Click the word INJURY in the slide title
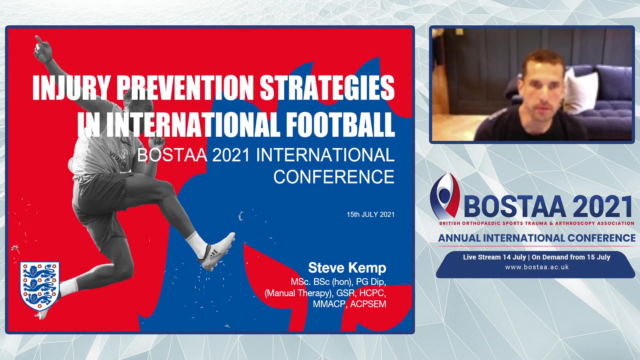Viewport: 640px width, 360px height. [x=71, y=87]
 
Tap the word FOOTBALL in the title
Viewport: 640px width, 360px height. [x=340, y=124]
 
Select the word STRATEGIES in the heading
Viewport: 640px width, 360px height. [x=327, y=87]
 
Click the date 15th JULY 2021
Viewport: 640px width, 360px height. [x=370, y=215]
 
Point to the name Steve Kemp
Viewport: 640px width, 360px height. [x=347, y=268]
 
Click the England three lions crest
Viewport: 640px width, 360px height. [x=40, y=286]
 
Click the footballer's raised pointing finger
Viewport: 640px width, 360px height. [x=39, y=40]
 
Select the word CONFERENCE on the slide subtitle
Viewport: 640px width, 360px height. [x=334, y=177]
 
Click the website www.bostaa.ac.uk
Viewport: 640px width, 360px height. [x=537, y=267]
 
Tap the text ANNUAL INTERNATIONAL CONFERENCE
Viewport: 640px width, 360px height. [x=537, y=238]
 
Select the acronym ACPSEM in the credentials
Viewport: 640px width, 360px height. [x=368, y=304]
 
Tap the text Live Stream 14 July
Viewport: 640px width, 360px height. [x=494, y=257]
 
